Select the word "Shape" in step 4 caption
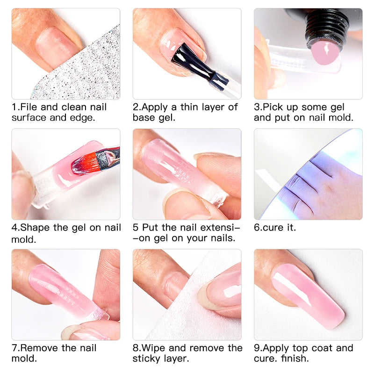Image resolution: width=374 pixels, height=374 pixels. pyautogui.click(x=36, y=228)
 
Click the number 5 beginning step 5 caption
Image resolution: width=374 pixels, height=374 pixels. pyautogui.click(x=136, y=228)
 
